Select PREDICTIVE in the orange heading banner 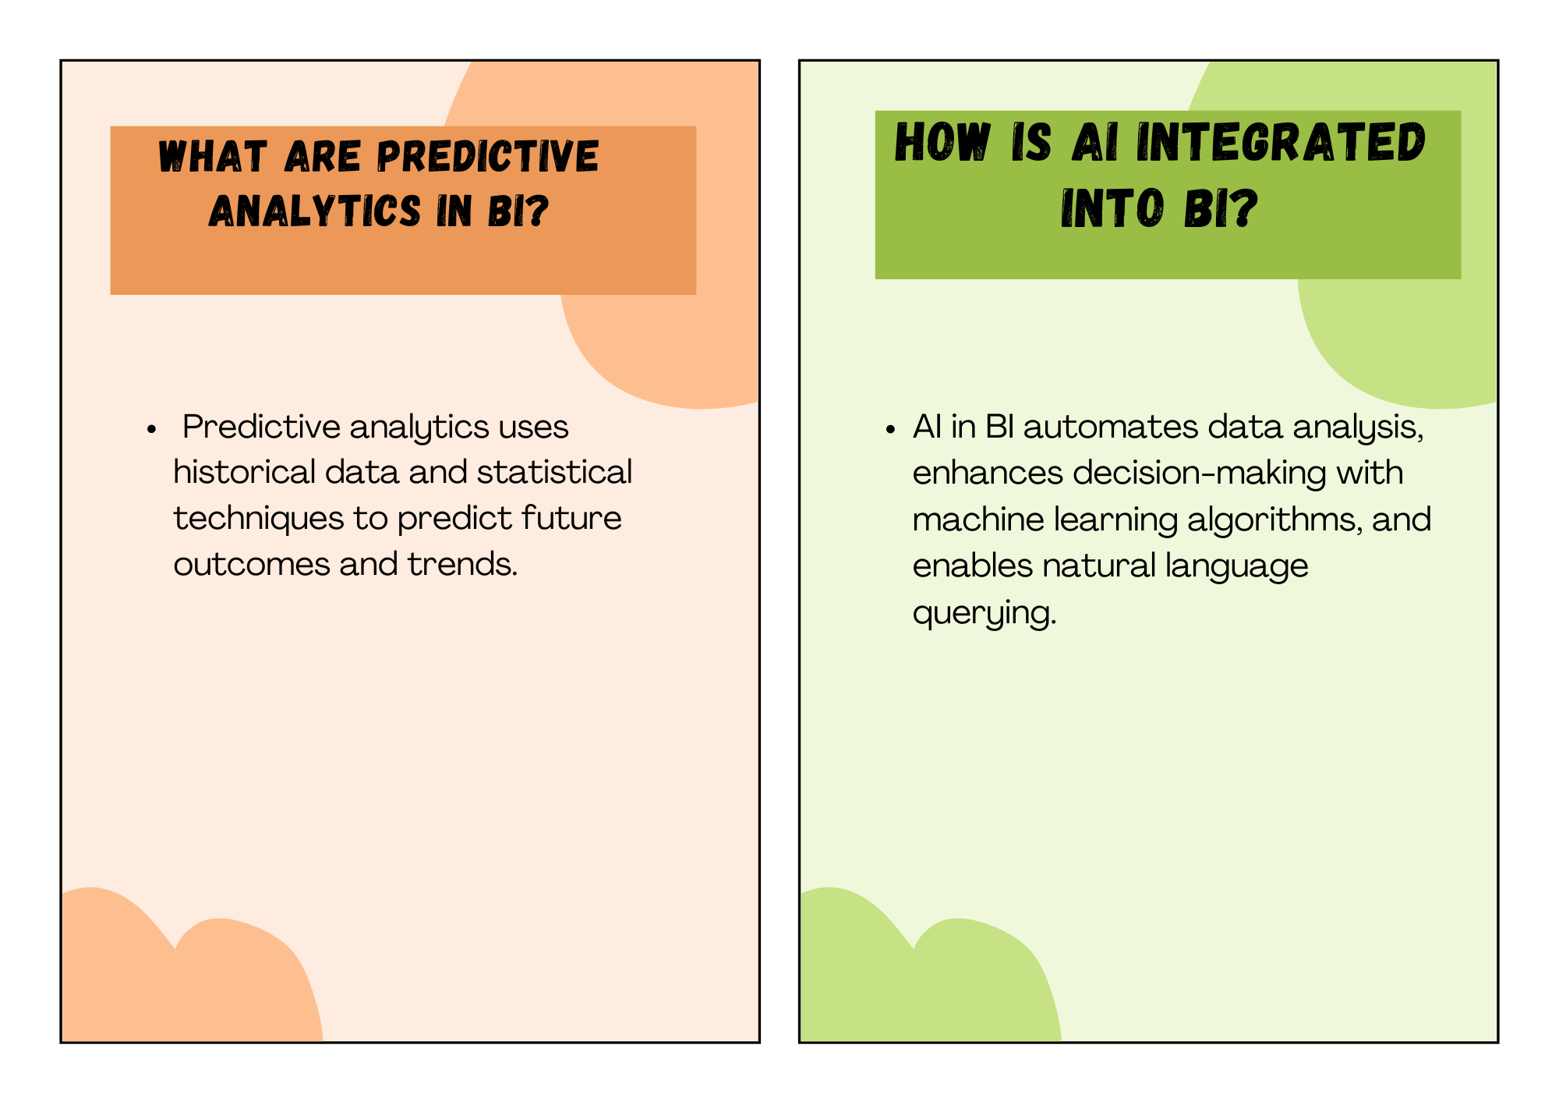point(488,156)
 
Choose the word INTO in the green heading point(1113,208)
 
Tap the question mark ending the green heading point(1242,208)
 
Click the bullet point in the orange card point(152,429)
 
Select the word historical point(244,472)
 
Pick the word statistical point(554,472)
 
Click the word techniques point(258,519)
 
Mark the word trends point(462,564)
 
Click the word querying point(985,613)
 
